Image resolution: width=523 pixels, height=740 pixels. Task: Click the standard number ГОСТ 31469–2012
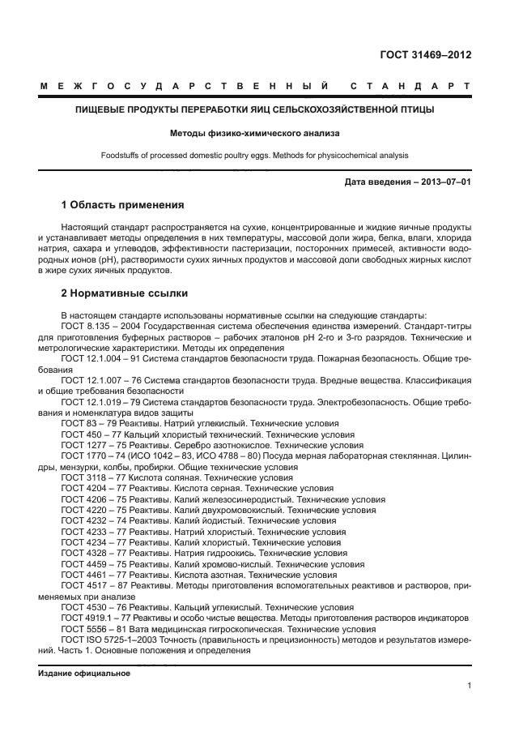pyautogui.click(x=425, y=56)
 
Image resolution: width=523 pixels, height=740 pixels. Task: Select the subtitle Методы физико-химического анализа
pyautogui.click(x=254, y=131)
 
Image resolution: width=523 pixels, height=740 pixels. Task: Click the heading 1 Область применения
pyautogui.click(x=122, y=204)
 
